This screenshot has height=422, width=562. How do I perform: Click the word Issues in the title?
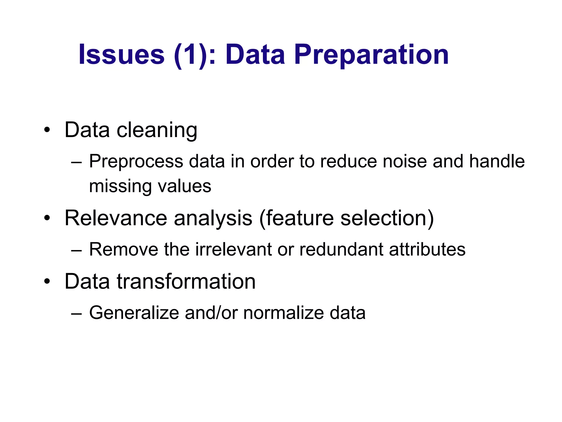pyautogui.click(x=121, y=55)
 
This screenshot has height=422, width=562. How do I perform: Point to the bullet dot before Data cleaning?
pyautogui.click(x=47, y=130)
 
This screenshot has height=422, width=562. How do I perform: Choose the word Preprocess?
pyautogui.click(x=136, y=162)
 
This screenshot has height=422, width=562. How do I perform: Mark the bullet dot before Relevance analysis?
pyautogui.click(x=47, y=218)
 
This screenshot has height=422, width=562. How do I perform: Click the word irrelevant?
pyautogui.click(x=233, y=249)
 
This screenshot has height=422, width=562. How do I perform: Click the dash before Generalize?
pyautogui.click(x=76, y=313)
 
